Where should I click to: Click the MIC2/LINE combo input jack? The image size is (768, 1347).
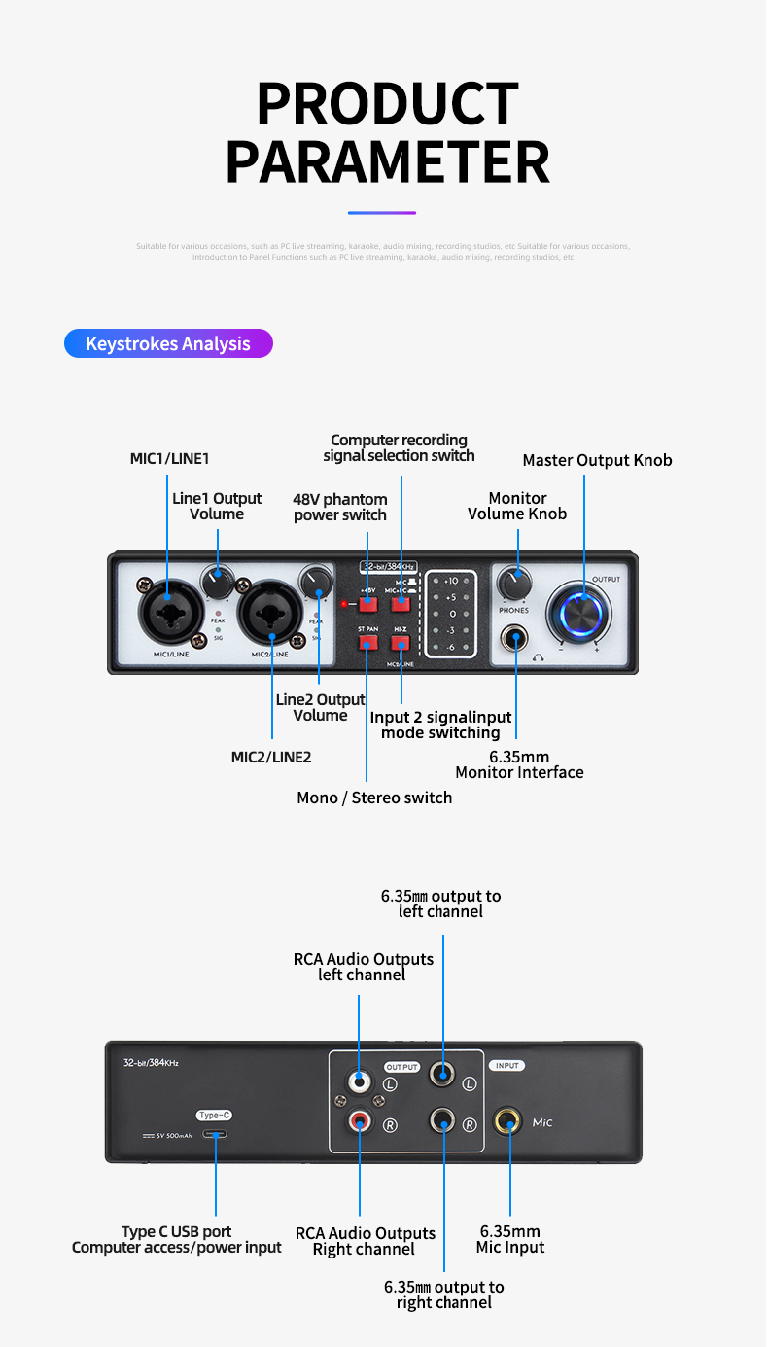point(272,614)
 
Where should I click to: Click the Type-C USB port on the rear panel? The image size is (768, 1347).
point(215,1134)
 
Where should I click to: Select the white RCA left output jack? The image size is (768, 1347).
point(360,1080)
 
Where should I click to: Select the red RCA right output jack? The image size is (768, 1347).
point(360,1122)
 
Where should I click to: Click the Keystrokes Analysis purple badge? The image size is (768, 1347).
point(168,343)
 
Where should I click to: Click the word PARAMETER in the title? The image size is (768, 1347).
point(387,161)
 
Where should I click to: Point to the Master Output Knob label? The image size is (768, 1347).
point(597,460)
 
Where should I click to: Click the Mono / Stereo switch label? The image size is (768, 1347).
point(374,798)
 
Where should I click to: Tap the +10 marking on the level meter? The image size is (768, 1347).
point(451,581)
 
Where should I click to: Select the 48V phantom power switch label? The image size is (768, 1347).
point(340,507)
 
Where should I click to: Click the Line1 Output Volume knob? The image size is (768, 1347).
point(217,583)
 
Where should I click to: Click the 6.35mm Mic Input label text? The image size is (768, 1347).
point(510,1239)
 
